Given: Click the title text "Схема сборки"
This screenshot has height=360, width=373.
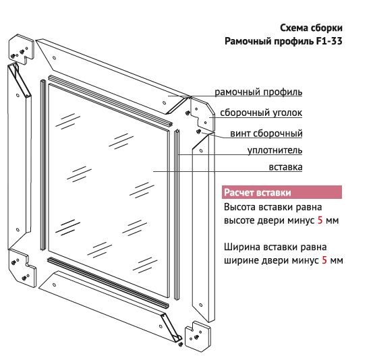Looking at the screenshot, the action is (311, 28).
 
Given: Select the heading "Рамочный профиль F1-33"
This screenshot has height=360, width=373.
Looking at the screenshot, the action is (283, 41).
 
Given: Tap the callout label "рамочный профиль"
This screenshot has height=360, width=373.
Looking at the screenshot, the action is (258, 92).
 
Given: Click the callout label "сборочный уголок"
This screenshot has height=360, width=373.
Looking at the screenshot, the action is (261, 113).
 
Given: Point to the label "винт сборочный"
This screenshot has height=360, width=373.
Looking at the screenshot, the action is (266, 133).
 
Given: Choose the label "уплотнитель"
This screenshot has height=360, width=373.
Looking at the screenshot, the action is (275, 150).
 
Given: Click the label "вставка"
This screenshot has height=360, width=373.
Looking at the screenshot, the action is (285, 167).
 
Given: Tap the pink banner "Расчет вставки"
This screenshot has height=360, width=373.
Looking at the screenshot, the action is (282, 192).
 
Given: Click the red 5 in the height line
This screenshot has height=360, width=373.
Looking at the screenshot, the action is (320, 220).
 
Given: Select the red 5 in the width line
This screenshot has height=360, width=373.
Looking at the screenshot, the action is (324, 260).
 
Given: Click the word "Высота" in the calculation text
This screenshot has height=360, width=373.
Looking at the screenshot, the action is (240, 207).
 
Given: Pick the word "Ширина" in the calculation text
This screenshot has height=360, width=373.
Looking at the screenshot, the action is (242, 247).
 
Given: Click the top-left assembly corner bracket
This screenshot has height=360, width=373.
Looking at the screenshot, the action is (22, 49).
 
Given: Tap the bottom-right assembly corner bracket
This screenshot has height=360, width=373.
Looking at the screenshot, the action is (198, 335).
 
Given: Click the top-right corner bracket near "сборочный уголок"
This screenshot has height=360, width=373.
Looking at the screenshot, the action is (202, 113).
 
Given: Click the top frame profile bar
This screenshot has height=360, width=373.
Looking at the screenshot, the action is (112, 76).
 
